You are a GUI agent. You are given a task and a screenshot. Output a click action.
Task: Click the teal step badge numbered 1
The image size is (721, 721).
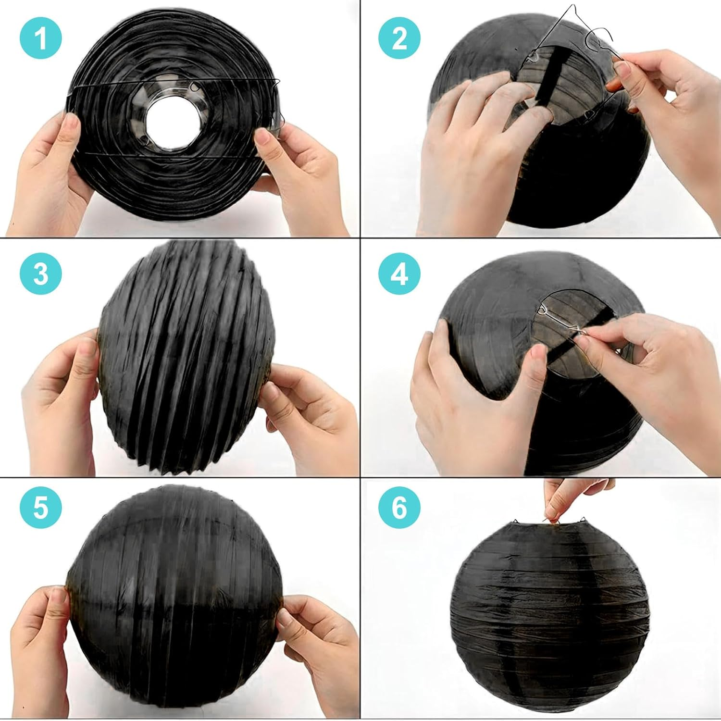(x=41, y=38)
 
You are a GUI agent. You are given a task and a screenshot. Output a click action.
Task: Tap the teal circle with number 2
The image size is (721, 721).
(x=399, y=38)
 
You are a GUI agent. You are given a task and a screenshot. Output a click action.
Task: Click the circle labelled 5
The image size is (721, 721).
(x=41, y=508)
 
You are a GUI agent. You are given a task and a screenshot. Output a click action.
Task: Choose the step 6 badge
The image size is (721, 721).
(x=399, y=508)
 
